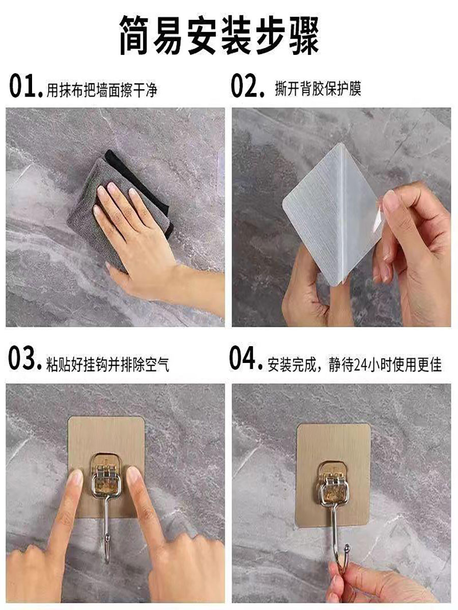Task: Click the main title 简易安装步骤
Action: [x=219, y=36]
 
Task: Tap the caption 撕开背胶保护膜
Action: [x=318, y=89]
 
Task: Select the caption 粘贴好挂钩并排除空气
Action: [x=107, y=364]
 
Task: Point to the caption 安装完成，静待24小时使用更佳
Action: [x=354, y=364]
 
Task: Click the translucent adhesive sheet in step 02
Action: [x=331, y=214]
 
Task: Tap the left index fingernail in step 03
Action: [x=76, y=477]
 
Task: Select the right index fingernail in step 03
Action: [x=133, y=475]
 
